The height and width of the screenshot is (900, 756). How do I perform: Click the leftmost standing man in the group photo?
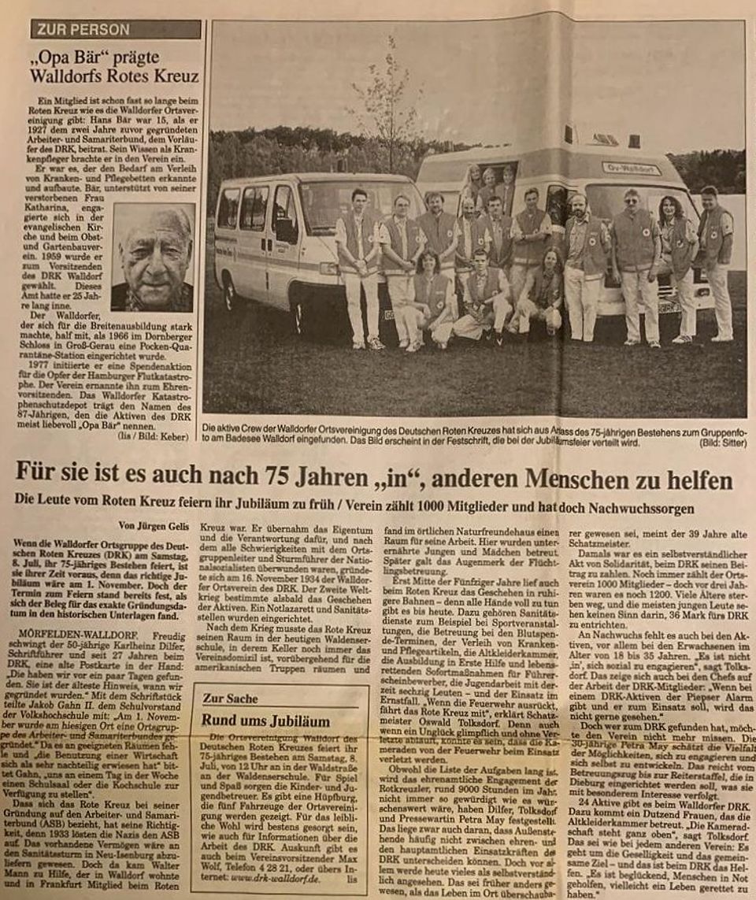point(360,264)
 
